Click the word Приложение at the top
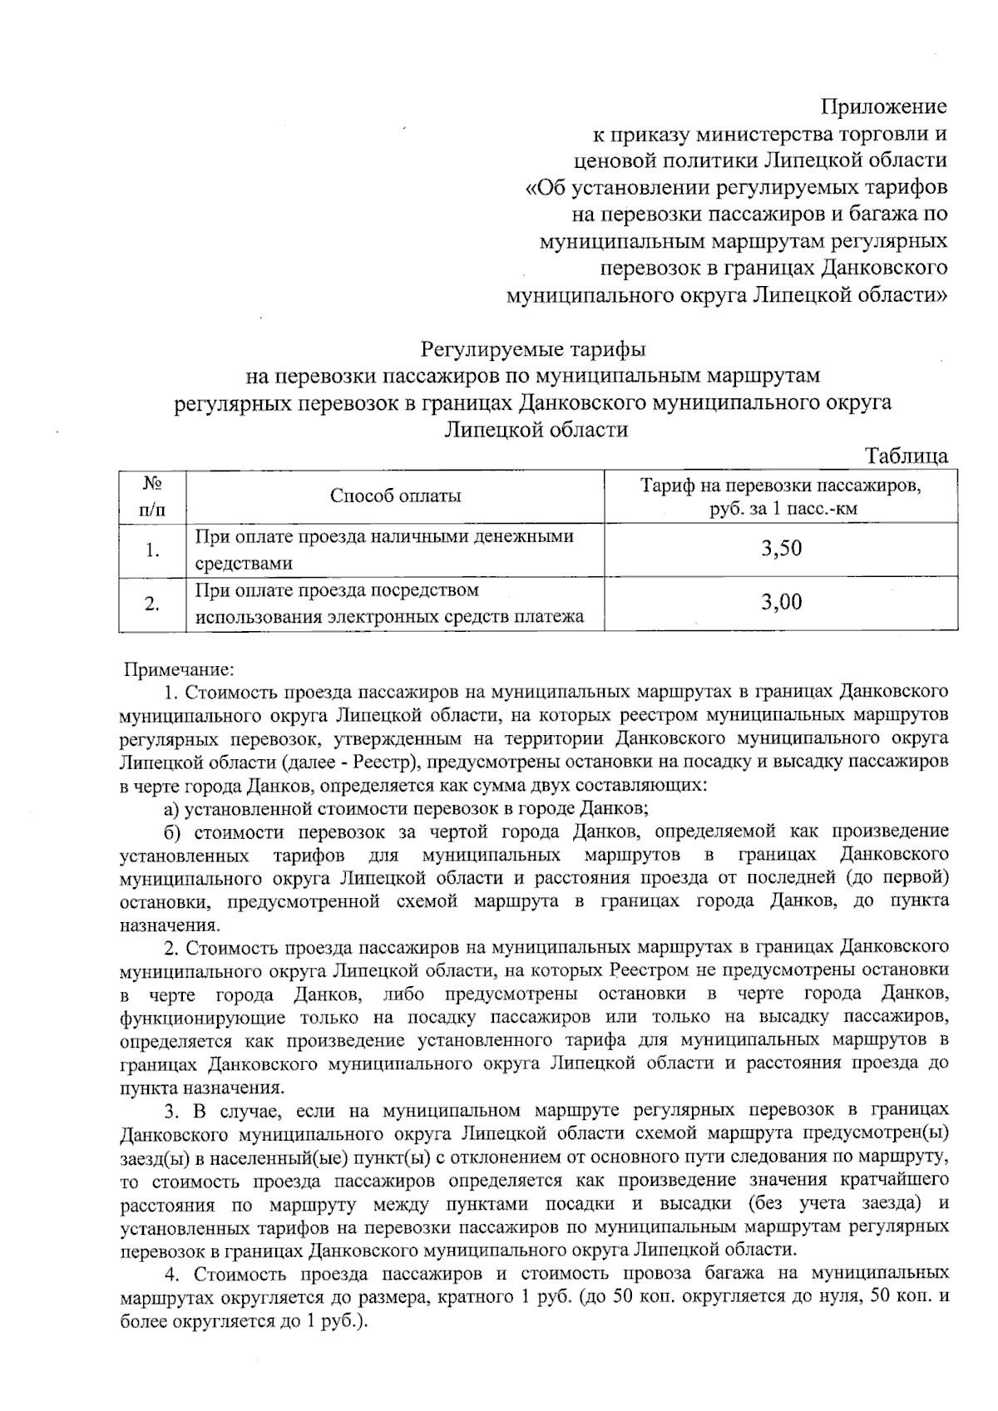point(883,106)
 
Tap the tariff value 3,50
point(781,548)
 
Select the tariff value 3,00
point(781,602)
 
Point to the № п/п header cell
point(151,496)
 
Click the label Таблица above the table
point(907,455)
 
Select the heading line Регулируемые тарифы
point(533,348)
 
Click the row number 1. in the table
point(151,550)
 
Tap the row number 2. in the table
point(151,604)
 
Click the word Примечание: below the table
point(179,668)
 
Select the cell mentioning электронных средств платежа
point(388,604)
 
